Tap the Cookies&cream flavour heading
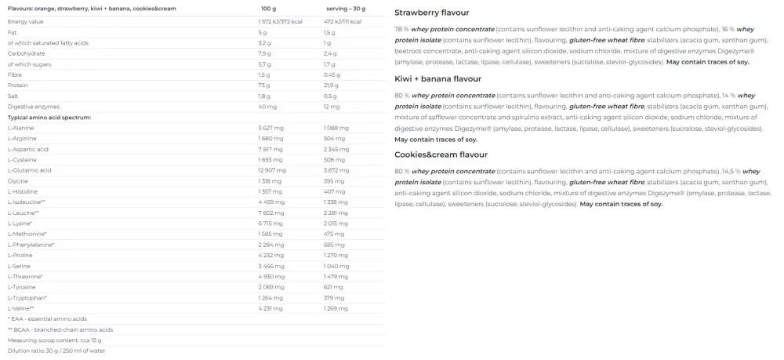click(441, 155)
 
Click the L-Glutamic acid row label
click(30, 170)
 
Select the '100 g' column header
click(268, 8)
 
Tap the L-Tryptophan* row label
click(27, 297)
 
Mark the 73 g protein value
click(265, 85)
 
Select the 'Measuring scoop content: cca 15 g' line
click(55, 340)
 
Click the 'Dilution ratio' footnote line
click(56, 351)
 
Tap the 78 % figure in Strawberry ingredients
click(402, 29)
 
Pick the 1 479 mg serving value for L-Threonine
click(336, 276)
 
